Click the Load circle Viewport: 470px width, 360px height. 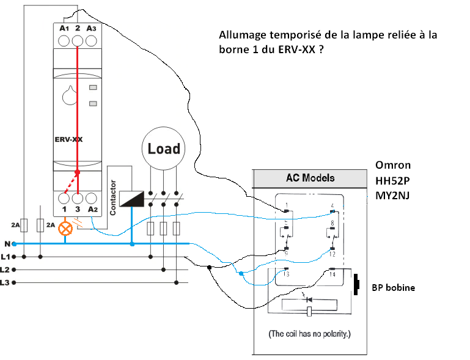click(164, 149)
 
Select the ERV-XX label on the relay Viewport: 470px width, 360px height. click(65, 139)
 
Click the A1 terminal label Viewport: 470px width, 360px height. click(64, 28)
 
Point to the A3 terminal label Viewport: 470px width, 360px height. click(92, 28)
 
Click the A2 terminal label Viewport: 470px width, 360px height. click(93, 210)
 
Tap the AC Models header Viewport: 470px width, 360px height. click(310, 178)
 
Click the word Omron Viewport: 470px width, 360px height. click(393, 165)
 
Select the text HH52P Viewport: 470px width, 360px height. click(392, 180)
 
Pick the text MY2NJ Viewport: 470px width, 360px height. click(393, 195)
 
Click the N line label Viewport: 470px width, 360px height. click(6, 243)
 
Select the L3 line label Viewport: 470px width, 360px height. click(6, 282)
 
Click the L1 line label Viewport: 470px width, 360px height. click(6, 256)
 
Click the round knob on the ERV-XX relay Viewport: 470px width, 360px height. click(69, 96)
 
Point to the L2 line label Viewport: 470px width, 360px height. click(6, 269)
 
